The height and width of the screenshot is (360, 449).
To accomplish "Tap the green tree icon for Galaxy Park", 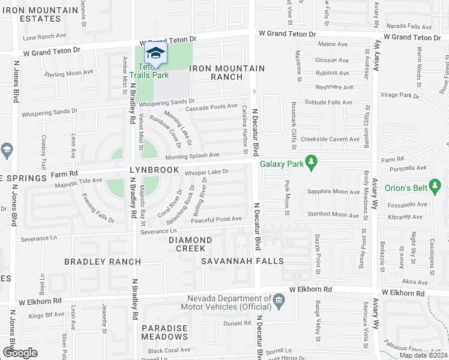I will (x=310, y=162).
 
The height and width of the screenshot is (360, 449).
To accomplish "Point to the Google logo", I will (x=20, y=352).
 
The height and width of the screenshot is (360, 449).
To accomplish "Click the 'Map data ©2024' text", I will (x=423, y=355).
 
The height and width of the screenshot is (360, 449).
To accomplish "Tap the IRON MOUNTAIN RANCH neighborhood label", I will (x=227, y=73).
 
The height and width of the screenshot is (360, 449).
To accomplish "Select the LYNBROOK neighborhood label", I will (x=154, y=170).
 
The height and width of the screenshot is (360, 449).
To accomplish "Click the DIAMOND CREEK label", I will (x=190, y=244).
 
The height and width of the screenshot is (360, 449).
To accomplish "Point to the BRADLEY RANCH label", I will (x=103, y=262).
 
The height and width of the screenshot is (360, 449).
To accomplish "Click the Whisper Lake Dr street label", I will (x=206, y=172).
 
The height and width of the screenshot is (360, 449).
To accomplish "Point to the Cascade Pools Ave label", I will (x=211, y=107).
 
